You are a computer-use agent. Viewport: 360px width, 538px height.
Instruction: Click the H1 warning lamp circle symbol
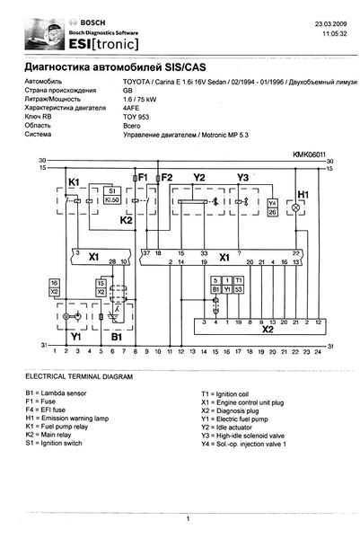coord(303,207)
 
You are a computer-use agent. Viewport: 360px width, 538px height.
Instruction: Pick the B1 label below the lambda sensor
coord(115,340)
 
